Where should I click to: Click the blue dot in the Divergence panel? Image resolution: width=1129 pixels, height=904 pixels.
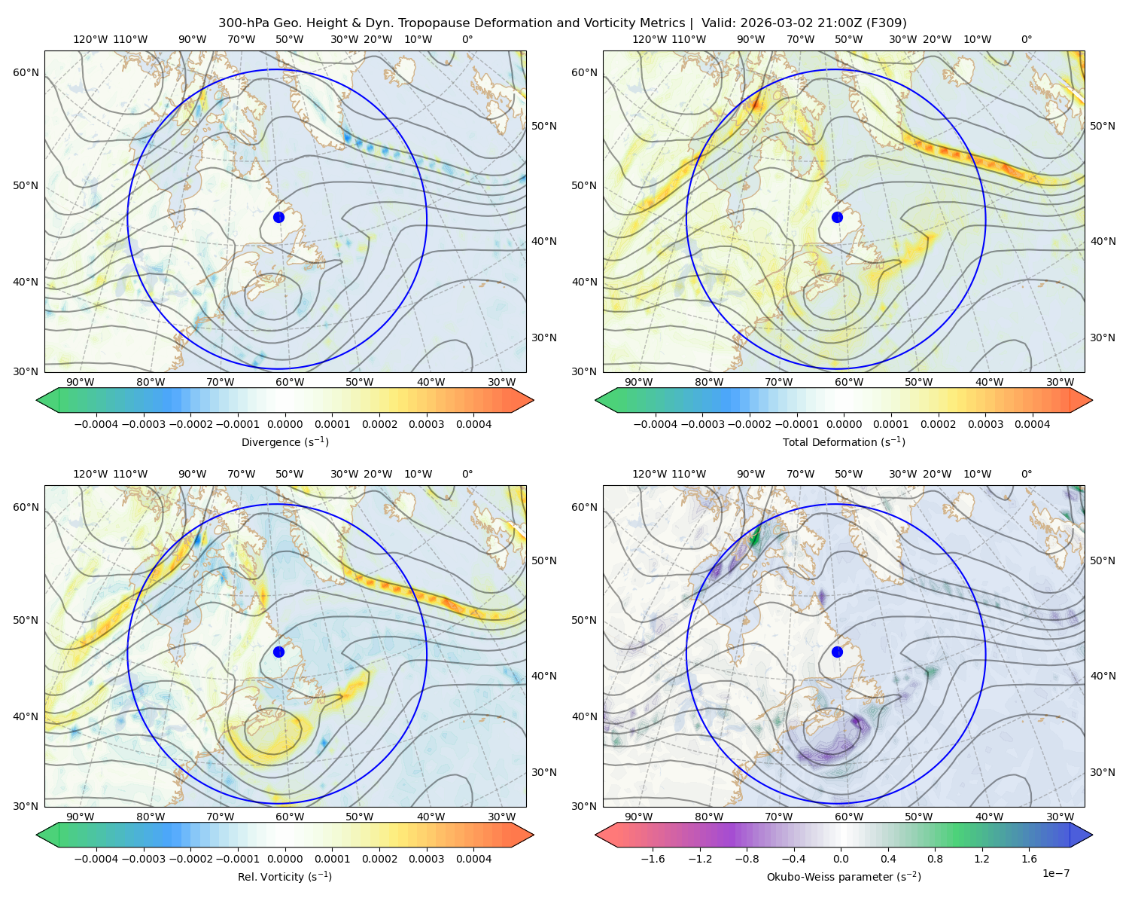pos(278,217)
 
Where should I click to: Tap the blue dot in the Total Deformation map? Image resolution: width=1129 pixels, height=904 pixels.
pos(837,217)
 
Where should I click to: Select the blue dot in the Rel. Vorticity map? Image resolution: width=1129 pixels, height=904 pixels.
pos(278,652)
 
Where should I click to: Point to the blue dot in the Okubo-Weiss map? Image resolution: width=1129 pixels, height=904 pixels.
pos(837,652)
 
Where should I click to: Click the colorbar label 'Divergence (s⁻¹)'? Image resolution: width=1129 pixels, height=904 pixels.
pos(285,441)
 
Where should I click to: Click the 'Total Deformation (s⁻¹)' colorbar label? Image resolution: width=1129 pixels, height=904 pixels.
pos(844,441)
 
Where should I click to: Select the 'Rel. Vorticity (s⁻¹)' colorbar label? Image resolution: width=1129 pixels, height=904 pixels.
pos(285,877)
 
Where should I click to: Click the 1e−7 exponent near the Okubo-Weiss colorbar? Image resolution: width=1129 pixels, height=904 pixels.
pos(1055,873)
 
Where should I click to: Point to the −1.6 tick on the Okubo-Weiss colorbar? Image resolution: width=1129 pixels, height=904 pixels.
pos(653,859)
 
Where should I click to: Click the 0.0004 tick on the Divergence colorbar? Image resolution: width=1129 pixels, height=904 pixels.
pos(473,424)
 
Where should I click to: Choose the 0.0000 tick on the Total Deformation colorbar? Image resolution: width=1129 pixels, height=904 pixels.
pos(844,424)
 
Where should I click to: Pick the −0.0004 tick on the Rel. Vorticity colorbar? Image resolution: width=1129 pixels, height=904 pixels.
pos(96,859)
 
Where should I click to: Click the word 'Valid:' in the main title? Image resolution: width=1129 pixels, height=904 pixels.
pos(719,23)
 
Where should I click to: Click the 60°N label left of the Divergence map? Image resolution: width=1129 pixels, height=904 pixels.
pos(26,72)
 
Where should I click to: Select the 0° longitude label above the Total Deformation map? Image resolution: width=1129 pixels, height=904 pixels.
pos(1027,39)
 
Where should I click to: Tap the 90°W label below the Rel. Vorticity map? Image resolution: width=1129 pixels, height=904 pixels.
pos(81,817)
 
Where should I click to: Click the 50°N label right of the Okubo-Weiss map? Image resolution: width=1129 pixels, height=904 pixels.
pos(1103,560)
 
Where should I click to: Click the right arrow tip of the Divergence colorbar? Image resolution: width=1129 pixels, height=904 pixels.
pos(533,400)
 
